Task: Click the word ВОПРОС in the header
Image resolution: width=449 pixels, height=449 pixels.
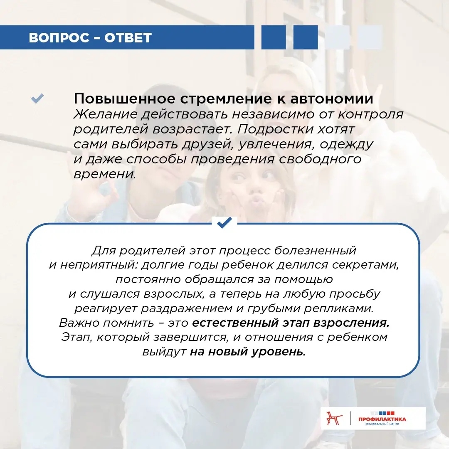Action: (x=59, y=37)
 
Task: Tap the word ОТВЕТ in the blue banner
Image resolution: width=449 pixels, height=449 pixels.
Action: (x=128, y=37)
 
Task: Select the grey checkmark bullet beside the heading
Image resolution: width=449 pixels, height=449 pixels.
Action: (x=37, y=98)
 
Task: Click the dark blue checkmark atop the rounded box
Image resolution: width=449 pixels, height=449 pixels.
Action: (x=224, y=223)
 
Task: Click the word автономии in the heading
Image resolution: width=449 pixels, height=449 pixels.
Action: (x=332, y=99)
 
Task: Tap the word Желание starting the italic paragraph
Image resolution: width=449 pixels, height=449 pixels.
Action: (x=105, y=114)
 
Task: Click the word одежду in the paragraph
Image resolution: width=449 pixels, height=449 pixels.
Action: (x=346, y=144)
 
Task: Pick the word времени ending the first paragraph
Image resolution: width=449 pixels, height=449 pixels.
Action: (x=105, y=174)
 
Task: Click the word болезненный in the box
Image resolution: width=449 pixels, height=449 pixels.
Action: (x=315, y=250)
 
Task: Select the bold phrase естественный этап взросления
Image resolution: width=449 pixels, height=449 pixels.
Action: (x=291, y=323)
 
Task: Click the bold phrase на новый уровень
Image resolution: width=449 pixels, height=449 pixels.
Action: (x=248, y=352)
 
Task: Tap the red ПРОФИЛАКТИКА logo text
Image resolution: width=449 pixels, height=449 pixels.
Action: (x=382, y=419)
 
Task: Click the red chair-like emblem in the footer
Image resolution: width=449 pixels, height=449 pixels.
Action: (x=334, y=418)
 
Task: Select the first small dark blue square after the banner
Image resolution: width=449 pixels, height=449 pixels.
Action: (x=274, y=37)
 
